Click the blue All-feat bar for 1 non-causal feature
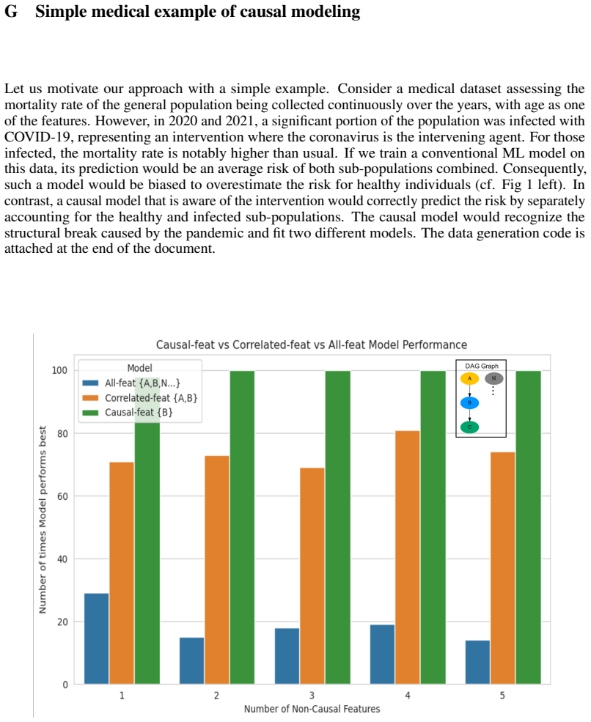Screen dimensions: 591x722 [97, 638]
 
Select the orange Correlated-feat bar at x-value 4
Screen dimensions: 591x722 [408, 558]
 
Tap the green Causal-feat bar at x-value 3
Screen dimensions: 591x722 [337, 528]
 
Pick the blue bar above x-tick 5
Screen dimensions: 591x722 [477, 662]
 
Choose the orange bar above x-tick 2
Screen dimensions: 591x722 [217, 570]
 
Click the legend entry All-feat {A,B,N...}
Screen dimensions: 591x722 [131, 383]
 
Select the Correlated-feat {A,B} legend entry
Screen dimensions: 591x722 [139, 398]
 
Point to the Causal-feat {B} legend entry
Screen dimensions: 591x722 [128, 412]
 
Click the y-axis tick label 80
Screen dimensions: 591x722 [62, 433]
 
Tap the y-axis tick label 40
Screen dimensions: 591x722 [62, 559]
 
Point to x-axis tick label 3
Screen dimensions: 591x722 [312, 696]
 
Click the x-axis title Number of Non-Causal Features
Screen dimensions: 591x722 [312, 709]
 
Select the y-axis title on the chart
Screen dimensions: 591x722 [43, 520]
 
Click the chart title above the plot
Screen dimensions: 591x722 [312, 345]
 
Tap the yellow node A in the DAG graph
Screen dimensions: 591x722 [470, 378]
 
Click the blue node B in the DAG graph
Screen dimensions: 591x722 [470, 403]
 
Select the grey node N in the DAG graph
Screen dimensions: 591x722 [493, 378]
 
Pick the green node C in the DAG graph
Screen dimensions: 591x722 [470, 427]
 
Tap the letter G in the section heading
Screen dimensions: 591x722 [11, 12]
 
